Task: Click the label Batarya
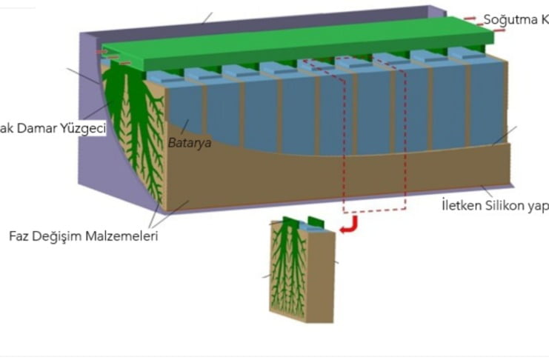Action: (189, 143)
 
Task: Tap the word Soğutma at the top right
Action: (505, 19)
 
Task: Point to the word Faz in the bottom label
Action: (21, 236)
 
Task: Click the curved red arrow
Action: (349, 225)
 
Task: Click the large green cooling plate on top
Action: (296, 41)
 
